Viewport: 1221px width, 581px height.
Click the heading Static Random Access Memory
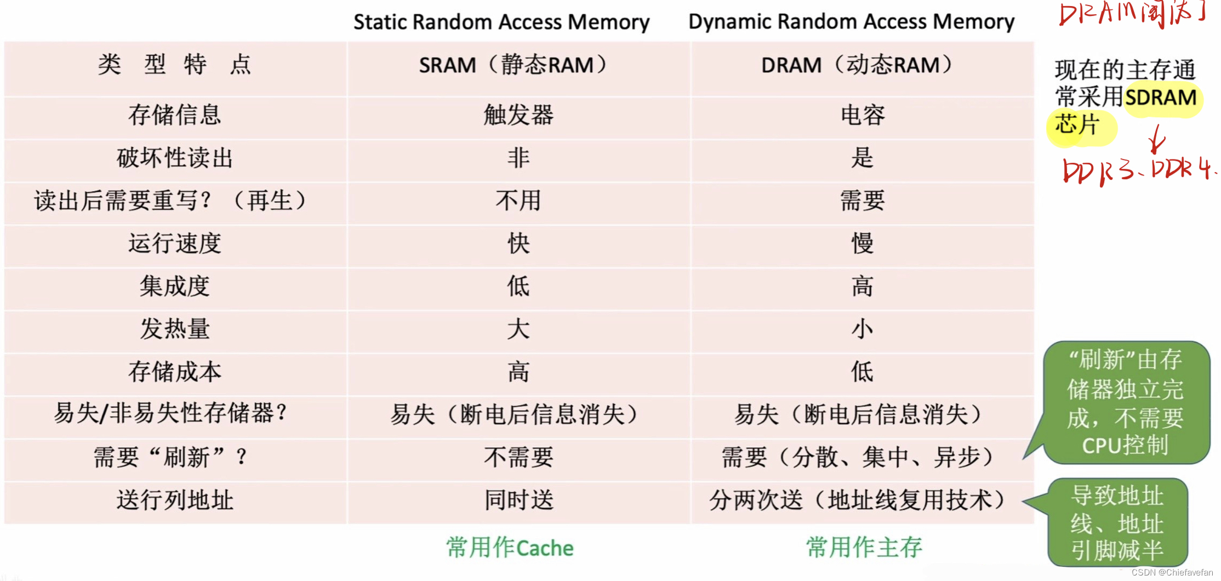pyautogui.click(x=501, y=22)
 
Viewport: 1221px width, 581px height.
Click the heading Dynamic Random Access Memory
pyautogui.click(x=851, y=21)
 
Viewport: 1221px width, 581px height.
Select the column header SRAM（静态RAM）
pyautogui.click(x=513, y=65)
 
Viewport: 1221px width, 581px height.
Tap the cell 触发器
pyautogui.click(x=518, y=115)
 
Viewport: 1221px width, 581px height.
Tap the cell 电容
pyautogui.click(x=863, y=115)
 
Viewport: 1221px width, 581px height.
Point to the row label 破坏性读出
pyautogui.click(x=175, y=158)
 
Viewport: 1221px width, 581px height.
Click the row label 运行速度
pyautogui.click(x=175, y=243)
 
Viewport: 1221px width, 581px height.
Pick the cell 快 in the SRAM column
pyautogui.click(x=518, y=243)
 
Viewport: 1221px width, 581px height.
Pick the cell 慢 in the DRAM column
pyautogui.click(x=863, y=243)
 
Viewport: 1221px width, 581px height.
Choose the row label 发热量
pyautogui.click(x=175, y=329)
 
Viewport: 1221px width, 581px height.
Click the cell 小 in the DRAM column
pyautogui.click(x=863, y=329)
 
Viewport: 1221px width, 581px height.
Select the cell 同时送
pyautogui.click(x=518, y=500)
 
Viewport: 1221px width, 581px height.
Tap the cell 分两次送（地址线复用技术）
pyautogui.click(x=857, y=500)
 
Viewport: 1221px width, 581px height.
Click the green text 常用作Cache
pyautogui.click(x=510, y=548)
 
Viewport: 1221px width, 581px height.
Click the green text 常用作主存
pyautogui.click(x=864, y=548)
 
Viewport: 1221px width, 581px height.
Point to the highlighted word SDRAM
pyautogui.click(x=1161, y=98)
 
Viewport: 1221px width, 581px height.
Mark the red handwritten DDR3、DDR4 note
pyautogui.click(x=1137, y=170)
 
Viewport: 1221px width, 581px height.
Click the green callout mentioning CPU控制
pyautogui.click(x=1126, y=402)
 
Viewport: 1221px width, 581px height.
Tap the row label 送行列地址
pyautogui.click(x=175, y=500)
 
